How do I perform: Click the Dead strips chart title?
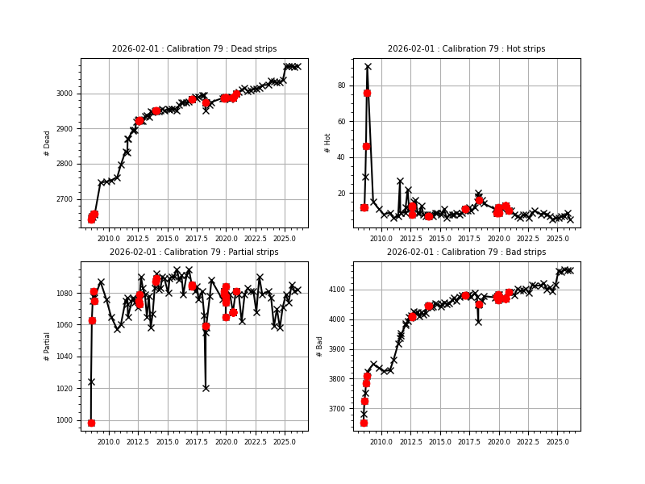193,49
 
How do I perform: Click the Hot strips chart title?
466,49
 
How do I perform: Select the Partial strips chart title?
193,252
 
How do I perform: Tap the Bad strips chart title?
466,252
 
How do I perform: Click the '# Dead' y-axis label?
48,143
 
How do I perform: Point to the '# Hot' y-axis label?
327,143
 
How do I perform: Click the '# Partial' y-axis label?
48,346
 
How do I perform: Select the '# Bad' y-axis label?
320,346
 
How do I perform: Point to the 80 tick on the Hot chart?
341,86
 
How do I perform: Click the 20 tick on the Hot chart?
341,194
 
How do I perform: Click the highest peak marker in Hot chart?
368,67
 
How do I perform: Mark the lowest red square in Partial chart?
91,423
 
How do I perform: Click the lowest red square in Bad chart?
364,423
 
